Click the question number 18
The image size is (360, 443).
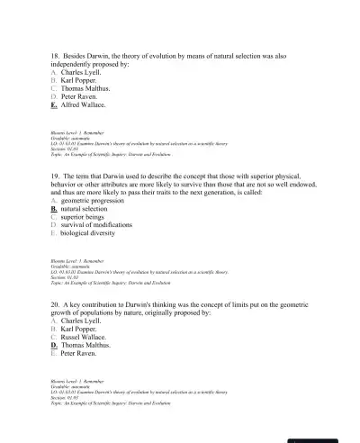56,56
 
